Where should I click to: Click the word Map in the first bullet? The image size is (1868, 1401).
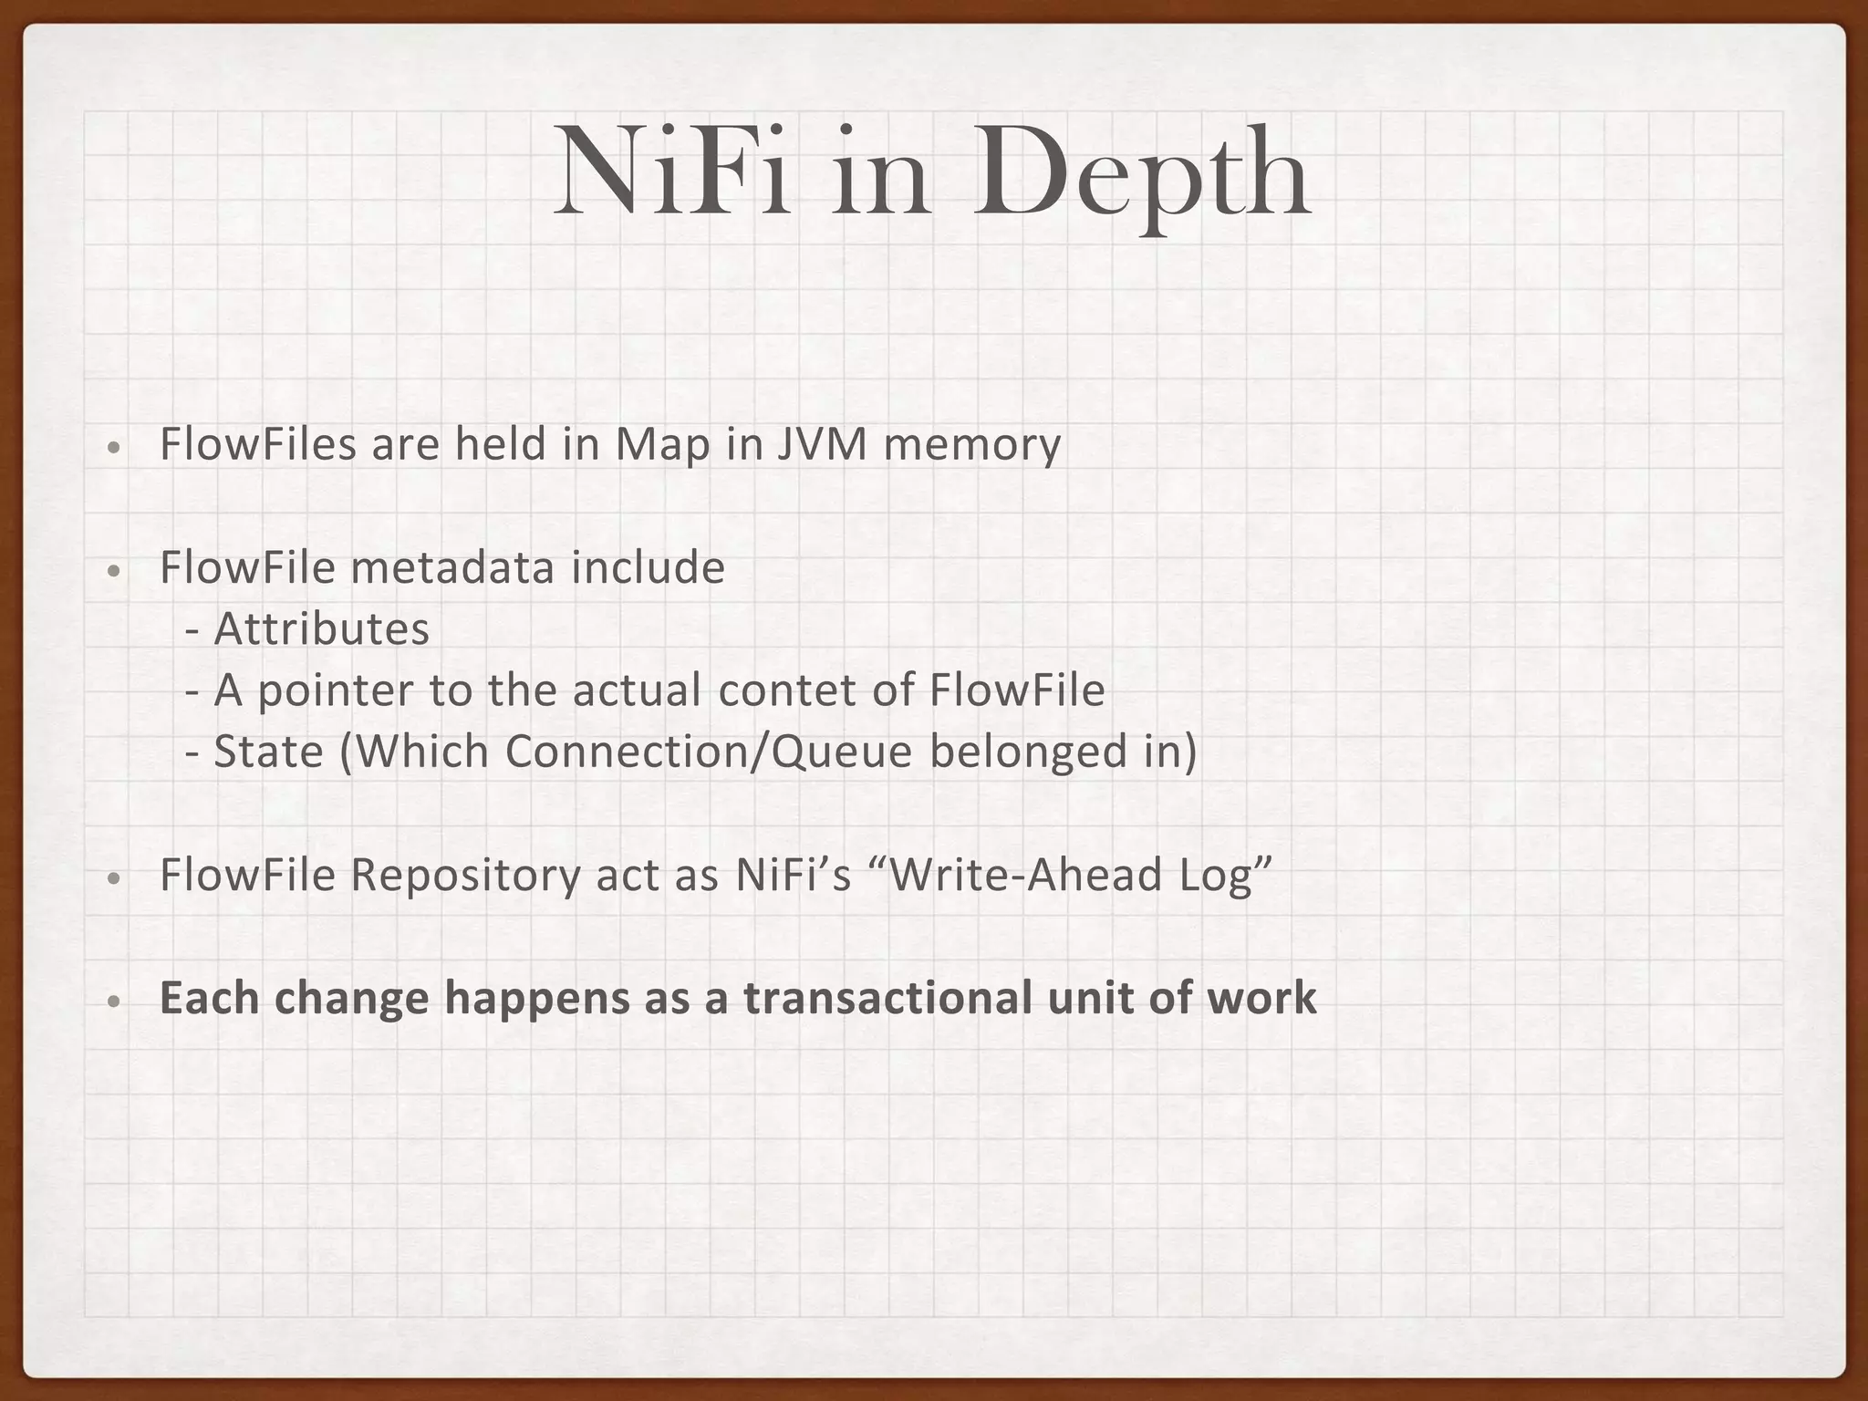point(662,445)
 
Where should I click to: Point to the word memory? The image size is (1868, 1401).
point(972,447)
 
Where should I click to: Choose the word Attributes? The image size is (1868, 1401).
point(321,629)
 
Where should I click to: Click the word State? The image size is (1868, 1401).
point(269,752)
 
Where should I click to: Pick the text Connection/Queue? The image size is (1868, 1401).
point(709,752)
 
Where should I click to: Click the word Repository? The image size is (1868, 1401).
point(465,876)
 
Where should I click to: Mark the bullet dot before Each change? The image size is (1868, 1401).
point(112,1001)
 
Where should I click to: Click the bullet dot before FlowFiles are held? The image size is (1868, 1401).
point(112,449)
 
